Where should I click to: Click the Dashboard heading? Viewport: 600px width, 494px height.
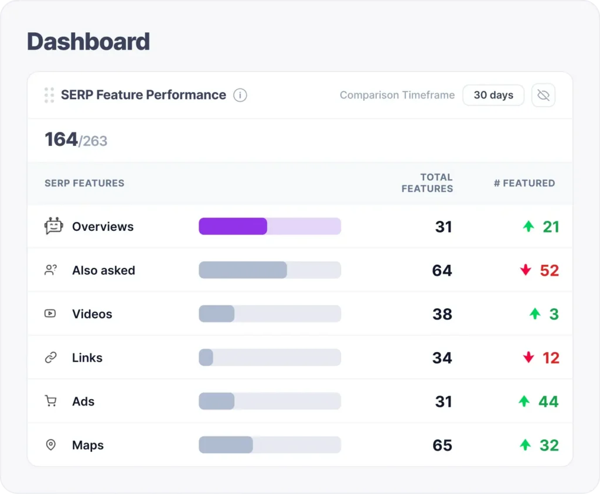point(88,42)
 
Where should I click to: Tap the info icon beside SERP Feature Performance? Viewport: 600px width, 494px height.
point(240,95)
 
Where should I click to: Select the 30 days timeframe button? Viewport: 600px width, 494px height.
point(493,95)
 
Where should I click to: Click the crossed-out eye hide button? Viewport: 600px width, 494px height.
point(543,95)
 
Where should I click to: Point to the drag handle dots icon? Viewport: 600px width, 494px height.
point(49,95)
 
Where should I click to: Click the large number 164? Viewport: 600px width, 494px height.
point(62,139)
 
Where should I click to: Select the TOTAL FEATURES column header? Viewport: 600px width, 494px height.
point(427,183)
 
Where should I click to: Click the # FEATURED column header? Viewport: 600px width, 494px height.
point(524,183)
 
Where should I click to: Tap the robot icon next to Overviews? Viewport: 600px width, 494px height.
point(53,226)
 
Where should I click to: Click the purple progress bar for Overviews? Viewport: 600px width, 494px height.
point(233,226)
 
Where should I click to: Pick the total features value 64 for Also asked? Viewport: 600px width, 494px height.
point(442,270)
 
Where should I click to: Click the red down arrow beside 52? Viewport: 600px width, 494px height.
point(526,270)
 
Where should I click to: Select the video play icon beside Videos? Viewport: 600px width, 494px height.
point(50,314)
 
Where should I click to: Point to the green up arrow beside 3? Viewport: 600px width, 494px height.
point(534,314)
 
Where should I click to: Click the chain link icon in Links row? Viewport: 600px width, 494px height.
point(51,357)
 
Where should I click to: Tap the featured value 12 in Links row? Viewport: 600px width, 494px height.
point(551,357)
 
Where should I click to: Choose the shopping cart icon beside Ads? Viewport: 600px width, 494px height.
point(51,401)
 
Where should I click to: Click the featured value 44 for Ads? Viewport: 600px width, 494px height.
point(548,401)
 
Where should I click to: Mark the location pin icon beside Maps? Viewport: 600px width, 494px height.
point(51,445)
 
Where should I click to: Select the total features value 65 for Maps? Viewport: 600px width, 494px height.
point(442,445)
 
